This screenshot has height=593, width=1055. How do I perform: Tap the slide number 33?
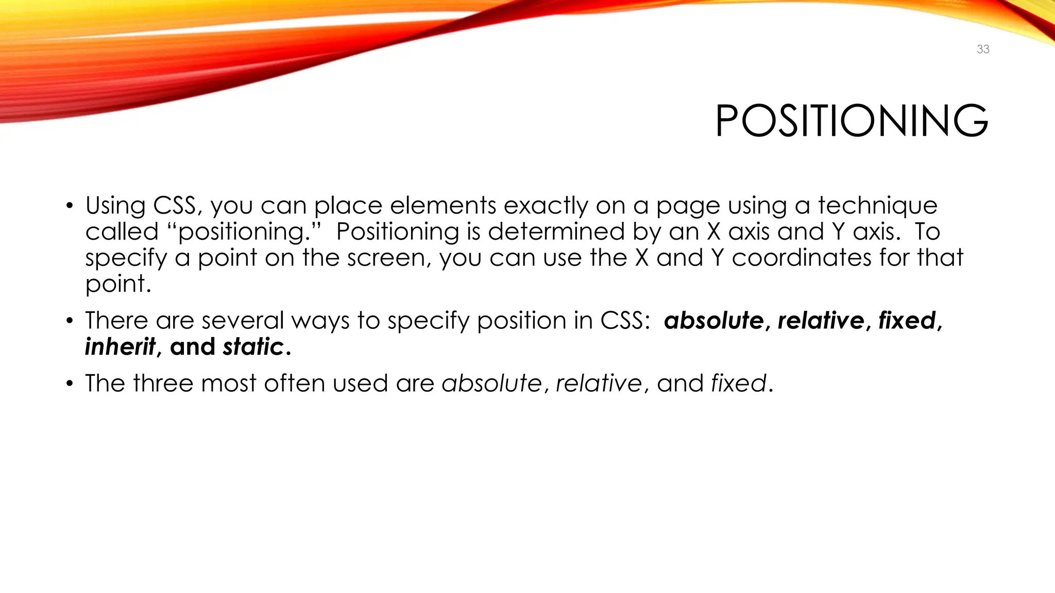pyautogui.click(x=983, y=49)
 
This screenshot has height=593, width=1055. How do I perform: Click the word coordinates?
pyautogui.click(x=801, y=257)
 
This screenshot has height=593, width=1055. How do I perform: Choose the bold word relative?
pyautogui.click(x=821, y=321)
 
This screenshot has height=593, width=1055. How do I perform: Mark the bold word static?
pyautogui.click(x=253, y=347)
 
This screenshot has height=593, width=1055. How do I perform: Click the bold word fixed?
pyautogui.click(x=907, y=321)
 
